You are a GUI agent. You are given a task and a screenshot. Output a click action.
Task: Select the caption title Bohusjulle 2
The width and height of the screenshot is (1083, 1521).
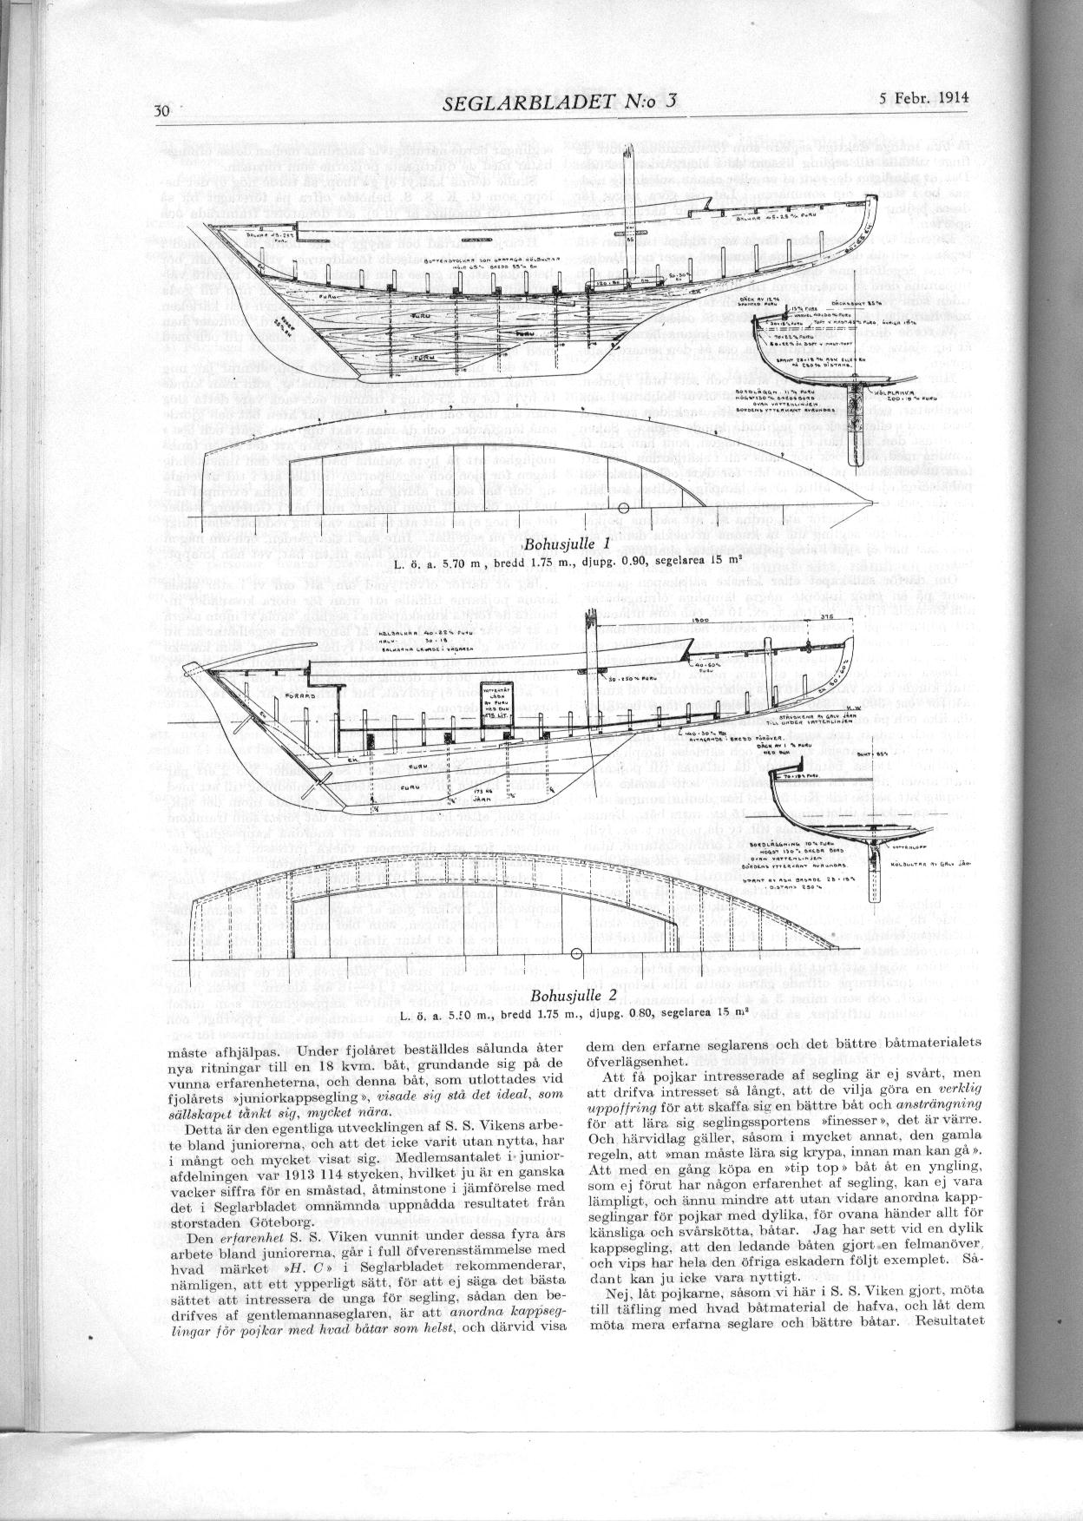[x=573, y=994]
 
